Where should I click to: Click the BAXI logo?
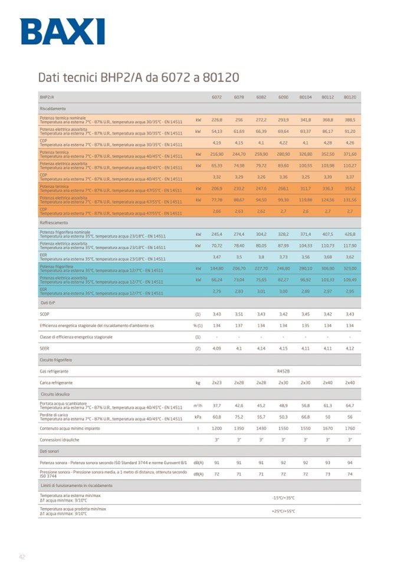pos(63,32)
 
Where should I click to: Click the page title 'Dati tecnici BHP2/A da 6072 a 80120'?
pos(138,77)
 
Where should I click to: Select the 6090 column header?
pos(283,97)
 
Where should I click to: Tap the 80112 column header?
pos(327,97)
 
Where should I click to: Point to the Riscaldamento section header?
pos(53,109)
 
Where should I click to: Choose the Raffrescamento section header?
pos(54,223)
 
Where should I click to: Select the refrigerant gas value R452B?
pos(283,371)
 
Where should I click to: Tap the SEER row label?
pos(44,348)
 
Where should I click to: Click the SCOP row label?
pos(44,314)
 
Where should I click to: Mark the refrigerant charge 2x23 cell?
pos(217,382)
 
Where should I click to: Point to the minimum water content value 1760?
pos(350,428)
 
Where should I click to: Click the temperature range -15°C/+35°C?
pos(283,498)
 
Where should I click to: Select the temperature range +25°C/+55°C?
pos(283,511)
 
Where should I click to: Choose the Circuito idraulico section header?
pos(54,394)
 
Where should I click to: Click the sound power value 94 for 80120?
pos(350,463)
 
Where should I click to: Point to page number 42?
pos(22,556)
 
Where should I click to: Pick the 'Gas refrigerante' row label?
pos(54,371)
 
